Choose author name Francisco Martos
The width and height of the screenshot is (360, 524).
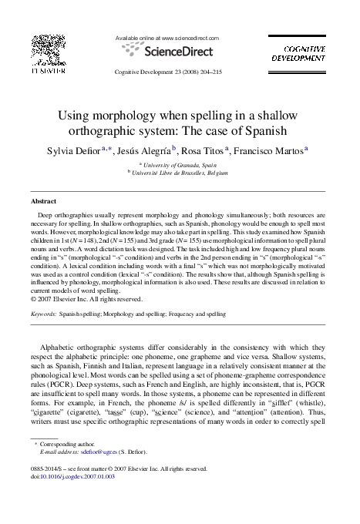[x=274, y=150]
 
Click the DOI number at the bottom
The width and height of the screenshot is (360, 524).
[x=74, y=476]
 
